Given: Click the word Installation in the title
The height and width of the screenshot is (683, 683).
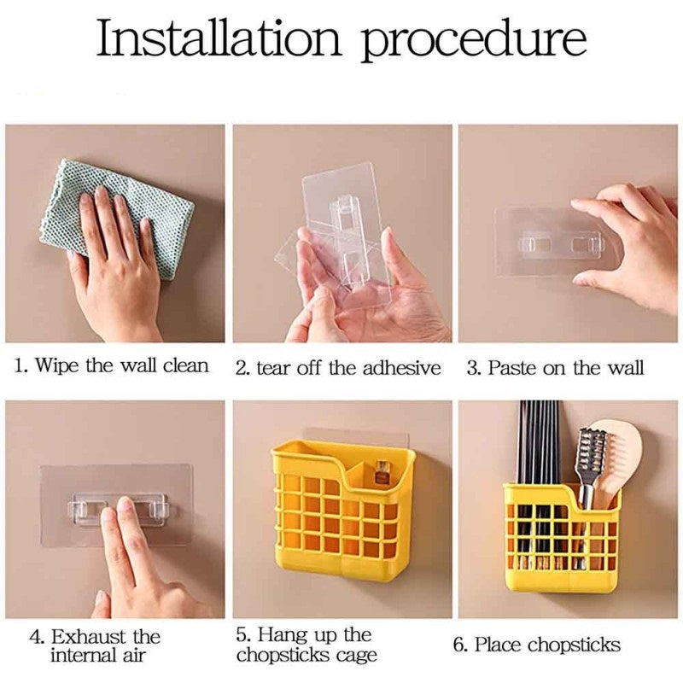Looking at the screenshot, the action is [x=218, y=38].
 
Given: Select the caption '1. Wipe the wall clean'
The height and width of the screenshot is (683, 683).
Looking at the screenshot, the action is [x=112, y=365].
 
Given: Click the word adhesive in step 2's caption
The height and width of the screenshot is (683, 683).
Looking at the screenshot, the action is [x=401, y=368].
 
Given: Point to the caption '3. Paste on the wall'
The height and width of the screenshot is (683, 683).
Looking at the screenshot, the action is [x=555, y=367].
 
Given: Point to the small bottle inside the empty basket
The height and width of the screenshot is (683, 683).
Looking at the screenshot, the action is [x=382, y=473].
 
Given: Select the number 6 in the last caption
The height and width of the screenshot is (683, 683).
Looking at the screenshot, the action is [x=458, y=645].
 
